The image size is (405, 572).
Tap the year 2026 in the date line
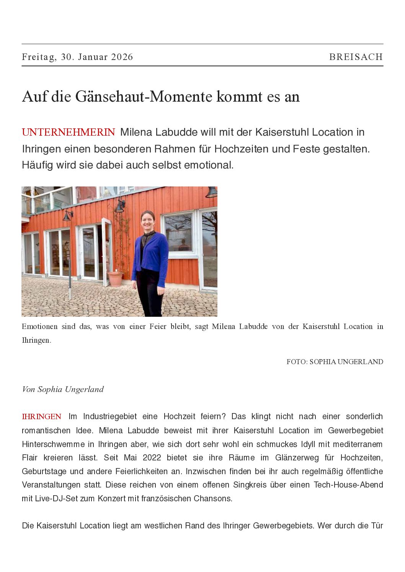(122, 57)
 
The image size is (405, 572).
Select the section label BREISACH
(356, 57)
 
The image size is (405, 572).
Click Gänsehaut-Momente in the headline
(144, 97)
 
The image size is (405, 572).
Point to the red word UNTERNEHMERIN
(68, 132)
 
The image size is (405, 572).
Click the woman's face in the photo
(148, 221)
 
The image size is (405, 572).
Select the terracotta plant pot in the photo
(115, 279)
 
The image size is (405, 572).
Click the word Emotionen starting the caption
(39, 327)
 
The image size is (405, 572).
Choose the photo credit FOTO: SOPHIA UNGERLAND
(335, 362)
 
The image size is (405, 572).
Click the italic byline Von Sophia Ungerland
(63, 389)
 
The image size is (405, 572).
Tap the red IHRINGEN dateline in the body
(41, 416)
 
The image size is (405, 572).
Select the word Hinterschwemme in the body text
(53, 444)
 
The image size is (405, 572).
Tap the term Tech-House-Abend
(348, 485)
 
